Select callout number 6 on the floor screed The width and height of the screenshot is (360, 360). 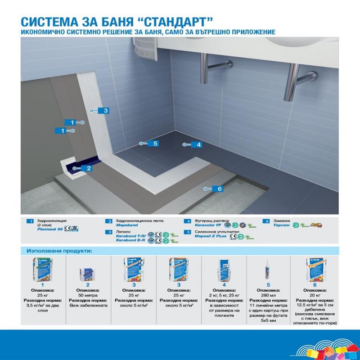(x=220, y=189)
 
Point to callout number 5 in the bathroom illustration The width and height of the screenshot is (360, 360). (x=155, y=144)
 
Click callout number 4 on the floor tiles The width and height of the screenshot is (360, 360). (x=198, y=144)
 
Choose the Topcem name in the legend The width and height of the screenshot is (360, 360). (x=281, y=226)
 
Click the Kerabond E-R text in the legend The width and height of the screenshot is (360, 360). (x=129, y=241)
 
